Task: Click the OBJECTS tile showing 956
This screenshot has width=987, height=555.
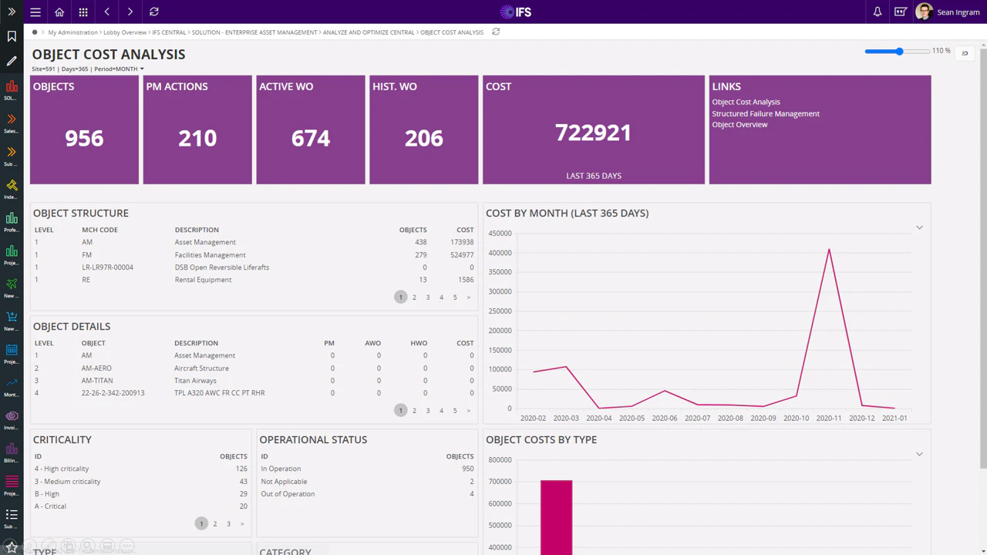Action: pos(84,129)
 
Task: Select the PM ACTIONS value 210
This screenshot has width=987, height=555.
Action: pos(197,138)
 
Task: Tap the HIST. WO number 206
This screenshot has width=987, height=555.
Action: pos(424,138)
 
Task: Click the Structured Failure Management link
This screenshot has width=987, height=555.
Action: pos(765,113)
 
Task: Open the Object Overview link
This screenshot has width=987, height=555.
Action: pos(739,125)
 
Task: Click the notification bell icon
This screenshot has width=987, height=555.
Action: pos(878,12)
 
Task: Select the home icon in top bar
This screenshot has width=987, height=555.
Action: pos(59,12)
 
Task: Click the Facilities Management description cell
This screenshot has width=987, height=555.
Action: pos(210,255)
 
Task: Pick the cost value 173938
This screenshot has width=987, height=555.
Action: pos(462,242)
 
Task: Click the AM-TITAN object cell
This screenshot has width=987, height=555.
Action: pos(97,381)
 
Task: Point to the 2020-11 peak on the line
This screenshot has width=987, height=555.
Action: pos(829,249)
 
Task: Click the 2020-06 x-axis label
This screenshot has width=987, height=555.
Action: pos(664,419)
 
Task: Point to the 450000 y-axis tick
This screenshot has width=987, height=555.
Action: pos(500,234)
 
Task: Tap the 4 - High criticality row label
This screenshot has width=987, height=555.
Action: pos(62,469)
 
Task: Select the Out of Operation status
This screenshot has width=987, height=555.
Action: pos(288,494)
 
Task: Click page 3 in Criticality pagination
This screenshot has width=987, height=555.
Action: pos(228,524)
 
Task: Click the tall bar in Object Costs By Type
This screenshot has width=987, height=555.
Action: pos(556,516)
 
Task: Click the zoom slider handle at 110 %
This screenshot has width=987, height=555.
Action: pos(899,51)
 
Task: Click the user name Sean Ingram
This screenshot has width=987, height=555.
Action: pos(958,12)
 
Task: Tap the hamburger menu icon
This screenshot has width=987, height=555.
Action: pos(35,12)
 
